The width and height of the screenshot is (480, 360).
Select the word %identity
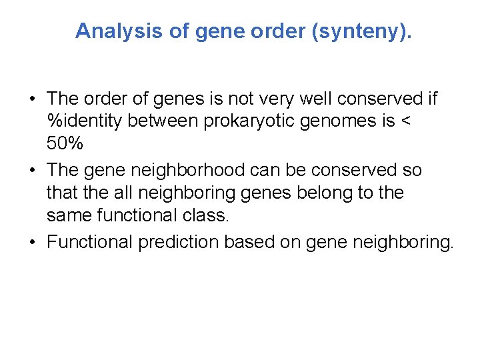coord(81,121)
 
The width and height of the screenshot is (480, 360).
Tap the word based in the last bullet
coord(248,242)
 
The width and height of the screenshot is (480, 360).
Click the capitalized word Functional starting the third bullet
coord(90,242)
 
